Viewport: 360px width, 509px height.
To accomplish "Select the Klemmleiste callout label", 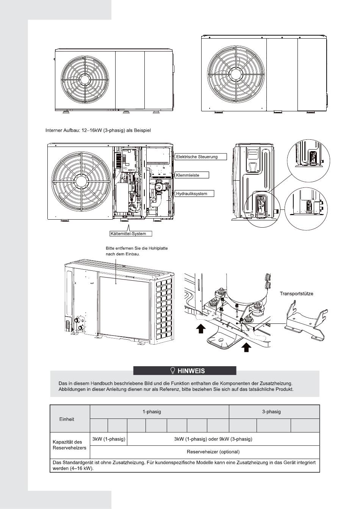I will pos(193,175).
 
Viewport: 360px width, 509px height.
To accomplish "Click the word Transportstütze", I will pos(296,294).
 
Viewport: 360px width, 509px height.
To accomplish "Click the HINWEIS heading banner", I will pos(185,370).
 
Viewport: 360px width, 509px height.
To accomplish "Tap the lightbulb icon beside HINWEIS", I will pos(172,370).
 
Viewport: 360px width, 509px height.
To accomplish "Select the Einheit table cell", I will pos(67,419).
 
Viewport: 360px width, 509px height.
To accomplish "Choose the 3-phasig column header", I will pos(271,412).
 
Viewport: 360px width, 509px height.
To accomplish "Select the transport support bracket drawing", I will pos(305,318).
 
